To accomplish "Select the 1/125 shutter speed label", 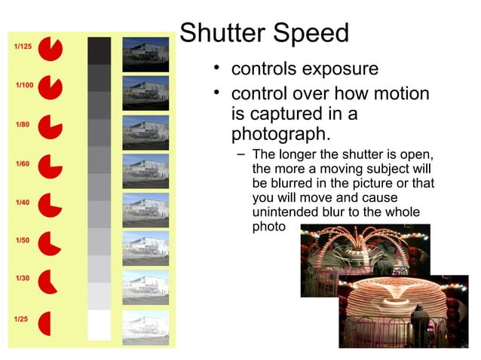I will coord(23,47).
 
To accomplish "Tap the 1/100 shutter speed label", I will coord(24,85).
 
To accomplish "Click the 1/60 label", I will coord(22,163).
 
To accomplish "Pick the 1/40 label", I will coord(22,203).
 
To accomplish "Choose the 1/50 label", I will coord(22,240).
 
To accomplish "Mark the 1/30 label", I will coord(22,279).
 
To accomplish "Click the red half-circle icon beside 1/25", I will coord(44,323).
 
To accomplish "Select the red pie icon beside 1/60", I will coord(50,166).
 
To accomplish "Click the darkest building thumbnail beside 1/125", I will coord(146,54).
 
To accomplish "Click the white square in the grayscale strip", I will coord(99,325).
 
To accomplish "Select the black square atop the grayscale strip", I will coord(99,50).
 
